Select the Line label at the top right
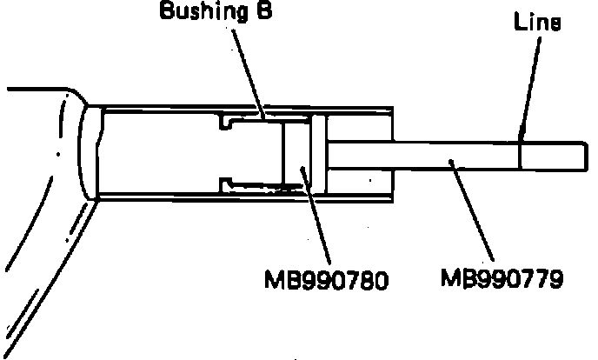pos(537,23)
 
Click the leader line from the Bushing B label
pos(248,70)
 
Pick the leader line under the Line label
pos(528,87)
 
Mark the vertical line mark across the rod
pos(520,156)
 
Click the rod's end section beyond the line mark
pos(550,156)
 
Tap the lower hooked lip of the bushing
pos(229,183)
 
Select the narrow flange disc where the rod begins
pos(317,154)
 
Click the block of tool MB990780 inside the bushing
pos(296,154)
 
